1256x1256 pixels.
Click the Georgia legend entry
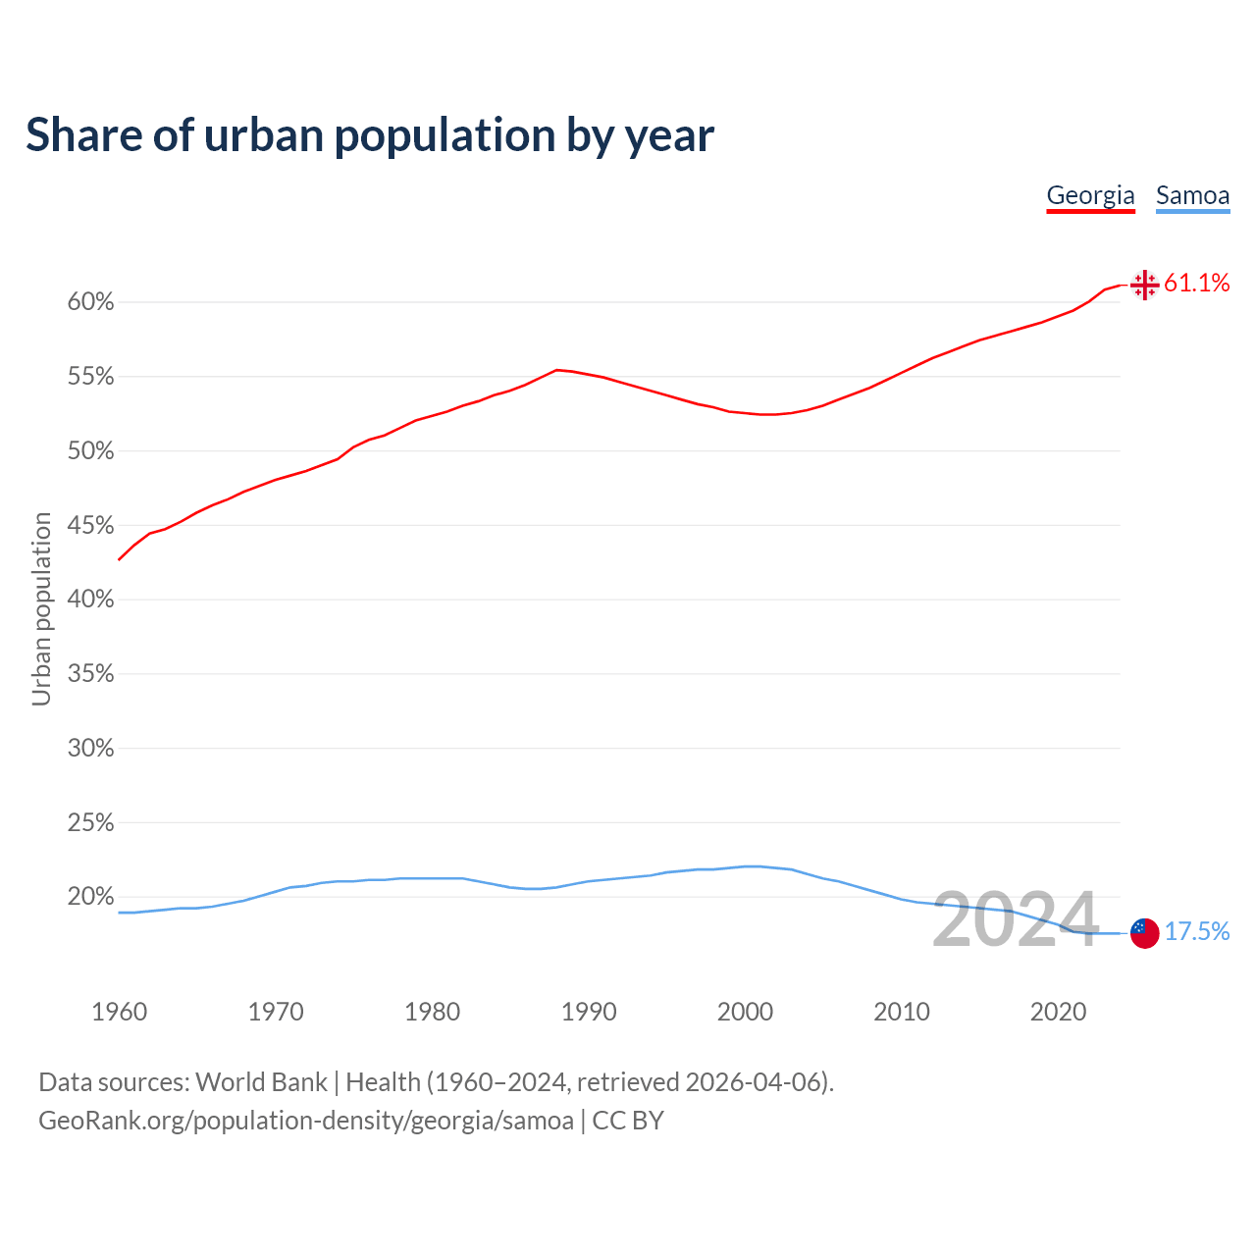click(x=1090, y=195)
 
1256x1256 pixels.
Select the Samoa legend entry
click(x=1192, y=195)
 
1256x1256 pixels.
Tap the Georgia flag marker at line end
click(x=1144, y=285)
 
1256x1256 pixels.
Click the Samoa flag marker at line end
click(x=1144, y=932)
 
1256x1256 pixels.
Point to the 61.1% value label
click(x=1196, y=284)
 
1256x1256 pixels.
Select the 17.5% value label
click(x=1196, y=931)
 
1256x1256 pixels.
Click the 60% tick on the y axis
click(x=91, y=302)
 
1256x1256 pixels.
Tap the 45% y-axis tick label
click(x=91, y=526)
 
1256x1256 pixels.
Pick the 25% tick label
click(x=91, y=823)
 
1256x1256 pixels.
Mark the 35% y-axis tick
click(x=91, y=674)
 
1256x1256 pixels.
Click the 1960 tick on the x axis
click(x=119, y=1012)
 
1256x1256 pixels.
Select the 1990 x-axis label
click(x=589, y=1012)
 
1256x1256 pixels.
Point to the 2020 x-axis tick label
click(x=1058, y=1012)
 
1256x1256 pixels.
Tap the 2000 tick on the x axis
click(x=745, y=1012)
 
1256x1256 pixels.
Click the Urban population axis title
click(x=41, y=608)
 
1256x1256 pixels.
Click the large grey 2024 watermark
click(x=1015, y=919)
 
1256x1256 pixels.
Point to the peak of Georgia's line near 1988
click(x=557, y=370)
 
